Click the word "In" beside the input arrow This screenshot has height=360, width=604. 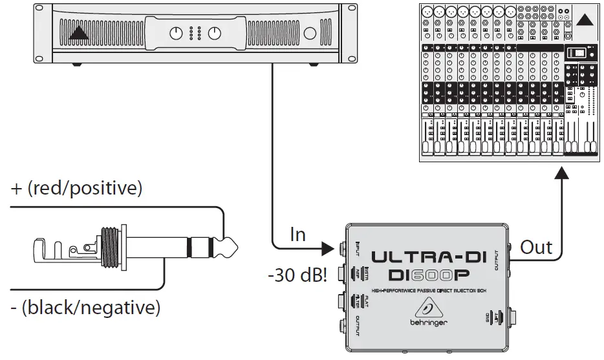point(297,234)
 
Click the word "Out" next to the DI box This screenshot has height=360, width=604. point(537,247)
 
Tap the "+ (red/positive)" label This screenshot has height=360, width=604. point(77,189)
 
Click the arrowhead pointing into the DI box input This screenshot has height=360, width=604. point(328,248)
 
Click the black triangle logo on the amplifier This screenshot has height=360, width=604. point(79,34)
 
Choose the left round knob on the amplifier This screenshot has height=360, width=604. point(175,33)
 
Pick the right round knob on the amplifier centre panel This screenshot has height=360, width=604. point(215,33)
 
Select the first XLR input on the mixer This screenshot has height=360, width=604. point(427,12)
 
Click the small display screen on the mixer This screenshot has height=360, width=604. point(579,54)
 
